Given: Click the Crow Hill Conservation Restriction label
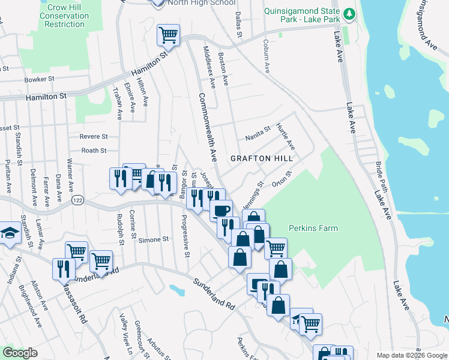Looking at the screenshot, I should pos(65,16).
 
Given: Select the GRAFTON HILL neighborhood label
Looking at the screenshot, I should pos(262,158).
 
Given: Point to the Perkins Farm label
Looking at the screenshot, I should pos(313,228).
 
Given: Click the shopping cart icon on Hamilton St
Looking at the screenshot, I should pos(169,35).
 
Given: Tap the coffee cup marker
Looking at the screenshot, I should pos(221,210).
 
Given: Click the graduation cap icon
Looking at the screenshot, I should pos(9,234).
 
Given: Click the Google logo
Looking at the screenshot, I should pos(20,353).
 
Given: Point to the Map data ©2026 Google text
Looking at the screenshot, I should pos(411,355).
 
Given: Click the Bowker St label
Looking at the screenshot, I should pos(40,79).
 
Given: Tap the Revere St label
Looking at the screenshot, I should pos(94,137).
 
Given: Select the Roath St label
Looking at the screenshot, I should pos(94,151).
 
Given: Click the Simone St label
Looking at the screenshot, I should pos(154,240).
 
